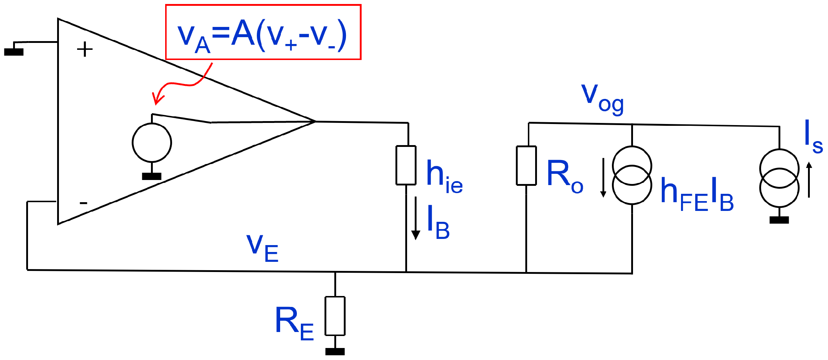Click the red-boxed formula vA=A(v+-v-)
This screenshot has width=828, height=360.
tap(263, 33)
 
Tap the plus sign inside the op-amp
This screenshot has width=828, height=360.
tap(85, 49)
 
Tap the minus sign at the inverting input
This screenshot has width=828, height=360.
tap(83, 203)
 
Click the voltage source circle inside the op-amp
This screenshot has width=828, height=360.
tap(152, 143)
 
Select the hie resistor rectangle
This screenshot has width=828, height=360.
tap(406, 165)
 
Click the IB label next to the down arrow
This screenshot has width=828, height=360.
tap(438, 223)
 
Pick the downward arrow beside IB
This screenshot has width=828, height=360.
tap(415, 218)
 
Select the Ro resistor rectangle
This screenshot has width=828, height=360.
tap(526, 165)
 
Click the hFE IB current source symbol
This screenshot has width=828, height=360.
tap(632, 175)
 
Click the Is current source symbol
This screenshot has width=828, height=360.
tap(779, 178)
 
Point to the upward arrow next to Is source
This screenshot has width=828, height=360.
tap(809, 180)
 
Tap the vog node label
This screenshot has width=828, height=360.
tap(602, 98)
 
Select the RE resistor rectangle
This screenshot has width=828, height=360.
tap(335, 316)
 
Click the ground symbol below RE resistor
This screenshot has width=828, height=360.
tap(335, 351)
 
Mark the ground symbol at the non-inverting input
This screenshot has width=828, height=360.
tap(14, 51)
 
